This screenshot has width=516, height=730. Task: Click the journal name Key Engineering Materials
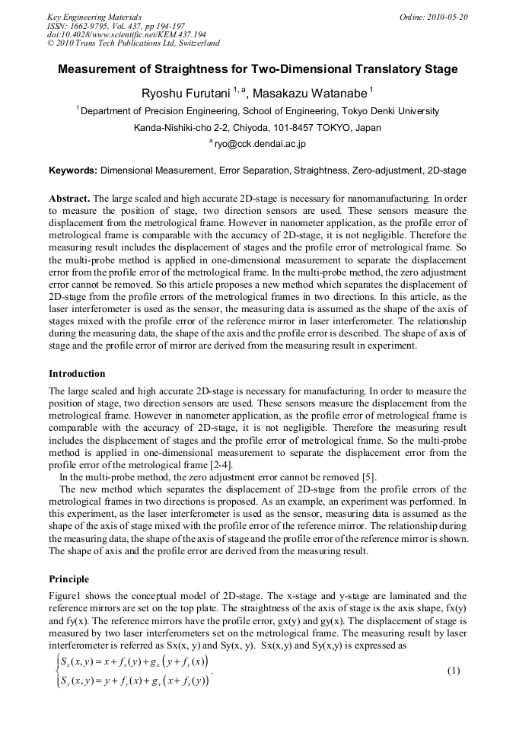(94, 17)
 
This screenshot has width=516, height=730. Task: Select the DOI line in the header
(126, 34)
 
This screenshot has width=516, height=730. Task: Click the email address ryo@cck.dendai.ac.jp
(260, 143)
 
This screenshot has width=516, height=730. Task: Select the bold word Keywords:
(73, 171)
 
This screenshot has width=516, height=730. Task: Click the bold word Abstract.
(70, 198)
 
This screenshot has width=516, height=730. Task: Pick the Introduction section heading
(77, 374)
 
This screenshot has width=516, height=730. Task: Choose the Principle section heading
(68, 579)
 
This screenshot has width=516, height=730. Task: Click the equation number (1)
(454, 671)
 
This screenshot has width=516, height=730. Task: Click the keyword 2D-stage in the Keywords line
(447, 171)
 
